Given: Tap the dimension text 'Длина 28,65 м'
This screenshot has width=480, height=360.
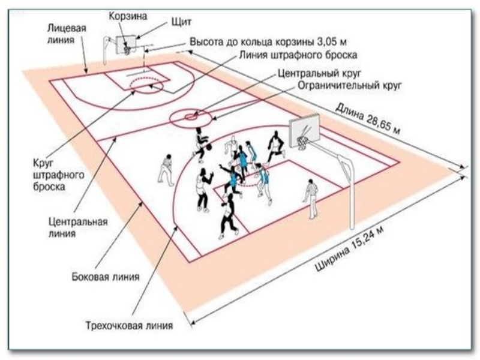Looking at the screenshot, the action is pos(368,118).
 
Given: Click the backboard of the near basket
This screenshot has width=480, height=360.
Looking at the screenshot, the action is pos(305,130).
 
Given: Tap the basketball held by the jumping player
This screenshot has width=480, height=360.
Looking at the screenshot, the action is pos(209,147).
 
